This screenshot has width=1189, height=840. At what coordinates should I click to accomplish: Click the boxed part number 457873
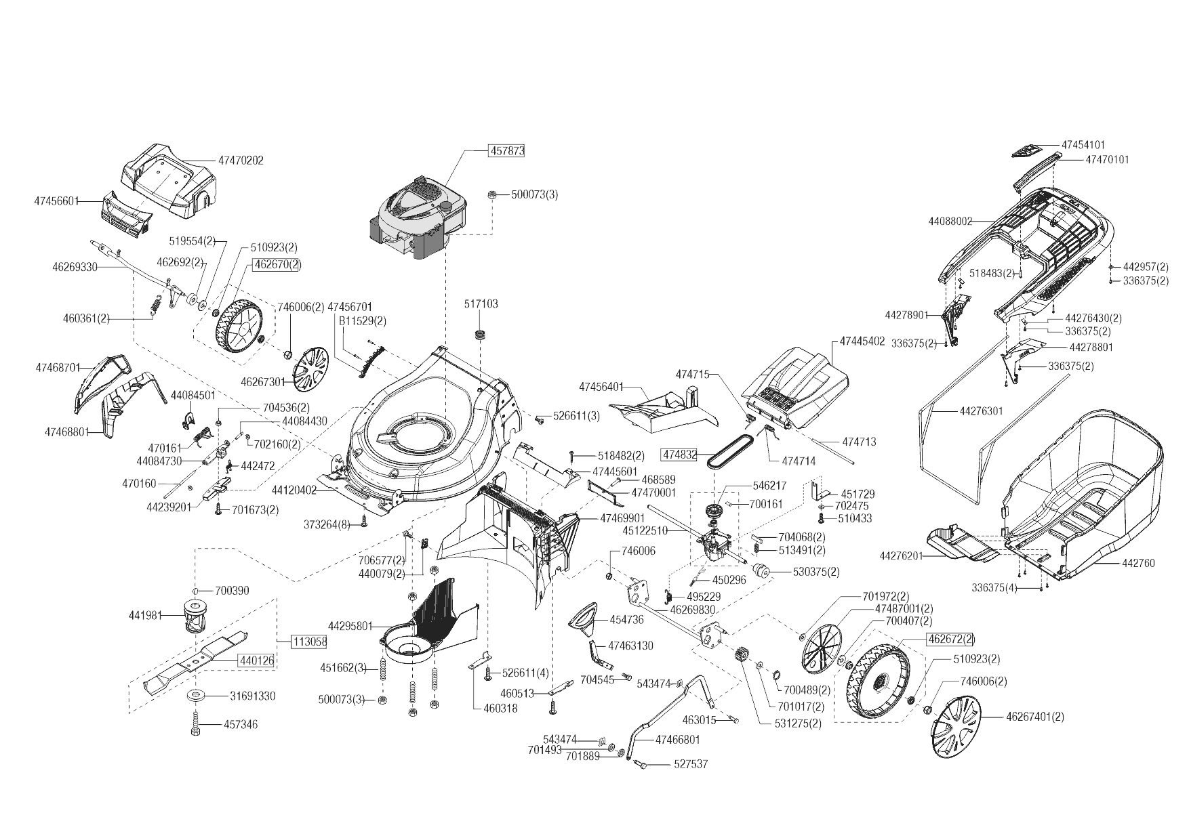coord(507,150)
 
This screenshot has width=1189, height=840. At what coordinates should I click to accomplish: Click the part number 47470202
coord(241,161)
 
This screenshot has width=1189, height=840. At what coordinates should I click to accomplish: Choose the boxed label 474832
coord(679,454)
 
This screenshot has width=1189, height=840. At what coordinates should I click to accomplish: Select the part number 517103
coord(481,304)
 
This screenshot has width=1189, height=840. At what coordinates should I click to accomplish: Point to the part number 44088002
coord(950,221)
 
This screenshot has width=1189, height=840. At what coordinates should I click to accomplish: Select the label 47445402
coord(862,341)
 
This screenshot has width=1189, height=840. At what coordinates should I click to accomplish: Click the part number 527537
coord(691,764)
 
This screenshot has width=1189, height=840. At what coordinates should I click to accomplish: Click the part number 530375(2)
coord(816,572)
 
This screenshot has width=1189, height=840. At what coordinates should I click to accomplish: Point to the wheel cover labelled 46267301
coord(311,371)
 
